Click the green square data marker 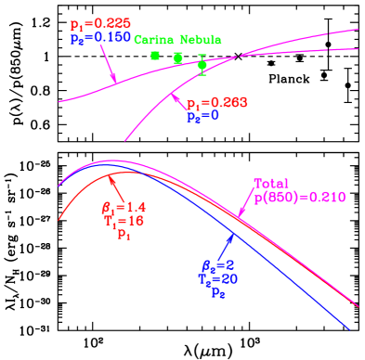pyautogui.click(x=155, y=56)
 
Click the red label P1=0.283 pyautogui.click(x=216, y=104)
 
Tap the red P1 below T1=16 pyautogui.click(x=123, y=236)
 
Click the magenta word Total pyautogui.click(x=271, y=184)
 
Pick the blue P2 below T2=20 pyautogui.click(x=218, y=292)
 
